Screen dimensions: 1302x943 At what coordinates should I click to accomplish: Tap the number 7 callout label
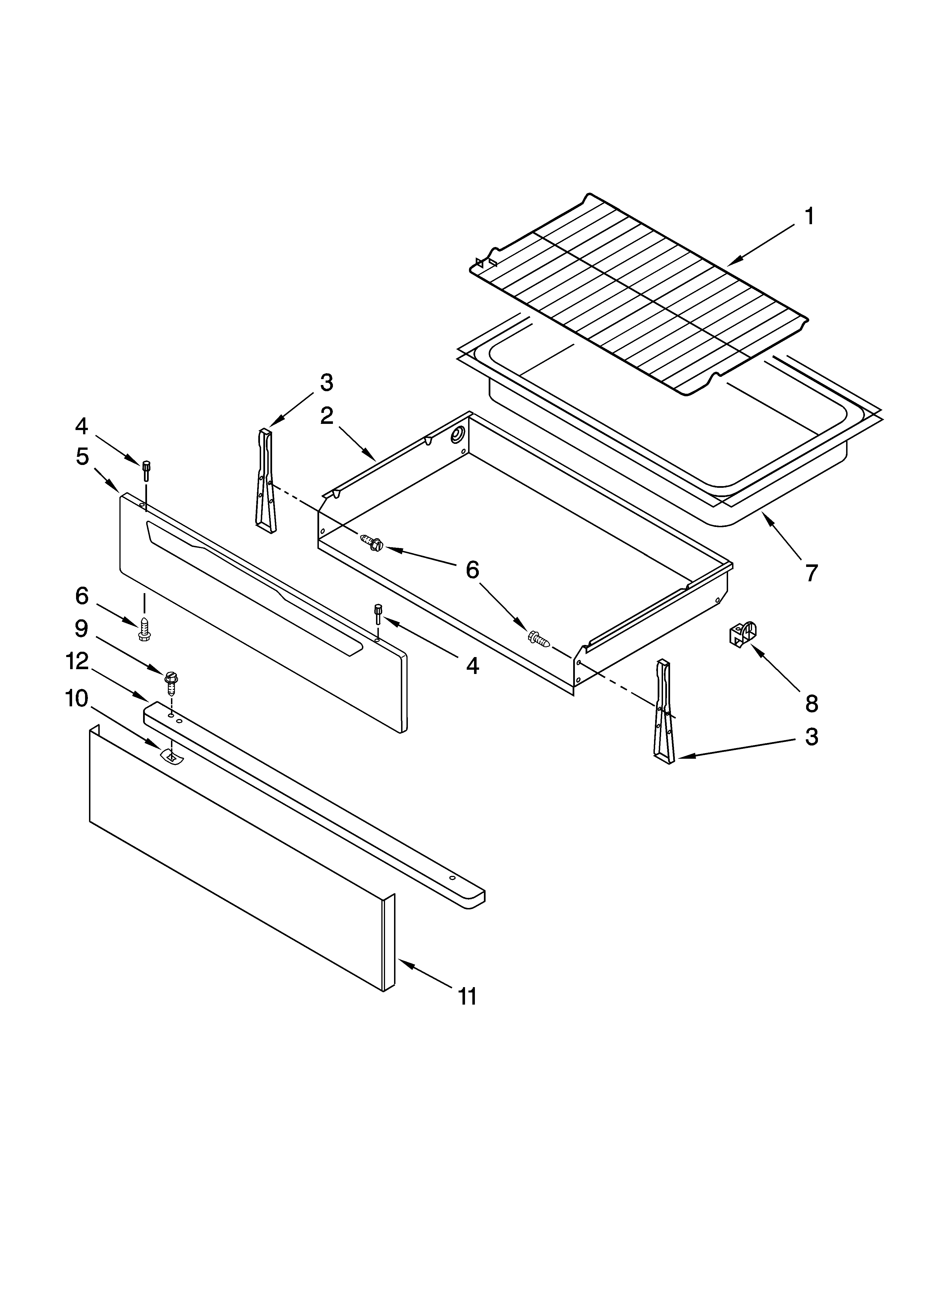click(x=810, y=573)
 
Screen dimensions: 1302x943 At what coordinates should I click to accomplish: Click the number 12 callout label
click(x=77, y=661)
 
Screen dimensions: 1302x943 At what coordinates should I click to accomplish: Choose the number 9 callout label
click(x=81, y=629)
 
